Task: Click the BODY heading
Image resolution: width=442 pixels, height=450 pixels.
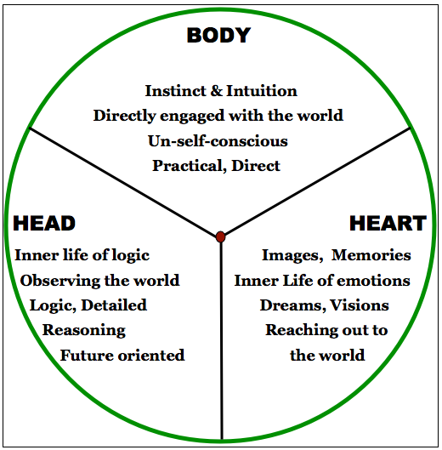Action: pos(218,36)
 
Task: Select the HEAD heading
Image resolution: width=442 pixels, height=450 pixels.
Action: pos(44,224)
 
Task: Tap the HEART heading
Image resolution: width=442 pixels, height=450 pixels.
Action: pos(387,224)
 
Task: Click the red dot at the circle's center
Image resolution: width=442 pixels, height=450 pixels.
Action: pos(221,236)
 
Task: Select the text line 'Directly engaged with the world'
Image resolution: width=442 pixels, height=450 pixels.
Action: pos(218,115)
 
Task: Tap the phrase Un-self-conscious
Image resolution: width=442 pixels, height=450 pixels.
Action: pos(219,140)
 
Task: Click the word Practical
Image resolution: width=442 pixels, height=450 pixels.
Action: pos(184,166)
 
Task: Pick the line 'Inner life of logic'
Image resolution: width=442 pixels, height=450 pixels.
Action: pos(82,255)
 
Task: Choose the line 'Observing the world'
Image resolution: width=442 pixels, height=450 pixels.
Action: pos(99,280)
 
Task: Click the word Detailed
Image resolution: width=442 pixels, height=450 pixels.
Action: pos(113,305)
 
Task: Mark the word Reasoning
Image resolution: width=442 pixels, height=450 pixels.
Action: pos(84,329)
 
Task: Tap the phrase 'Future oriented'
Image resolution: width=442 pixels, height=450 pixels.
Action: pos(122,355)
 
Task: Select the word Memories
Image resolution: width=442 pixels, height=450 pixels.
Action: pos(371,255)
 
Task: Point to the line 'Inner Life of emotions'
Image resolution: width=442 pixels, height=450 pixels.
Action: pos(322,280)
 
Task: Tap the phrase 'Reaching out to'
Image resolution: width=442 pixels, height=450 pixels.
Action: pos(326,329)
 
